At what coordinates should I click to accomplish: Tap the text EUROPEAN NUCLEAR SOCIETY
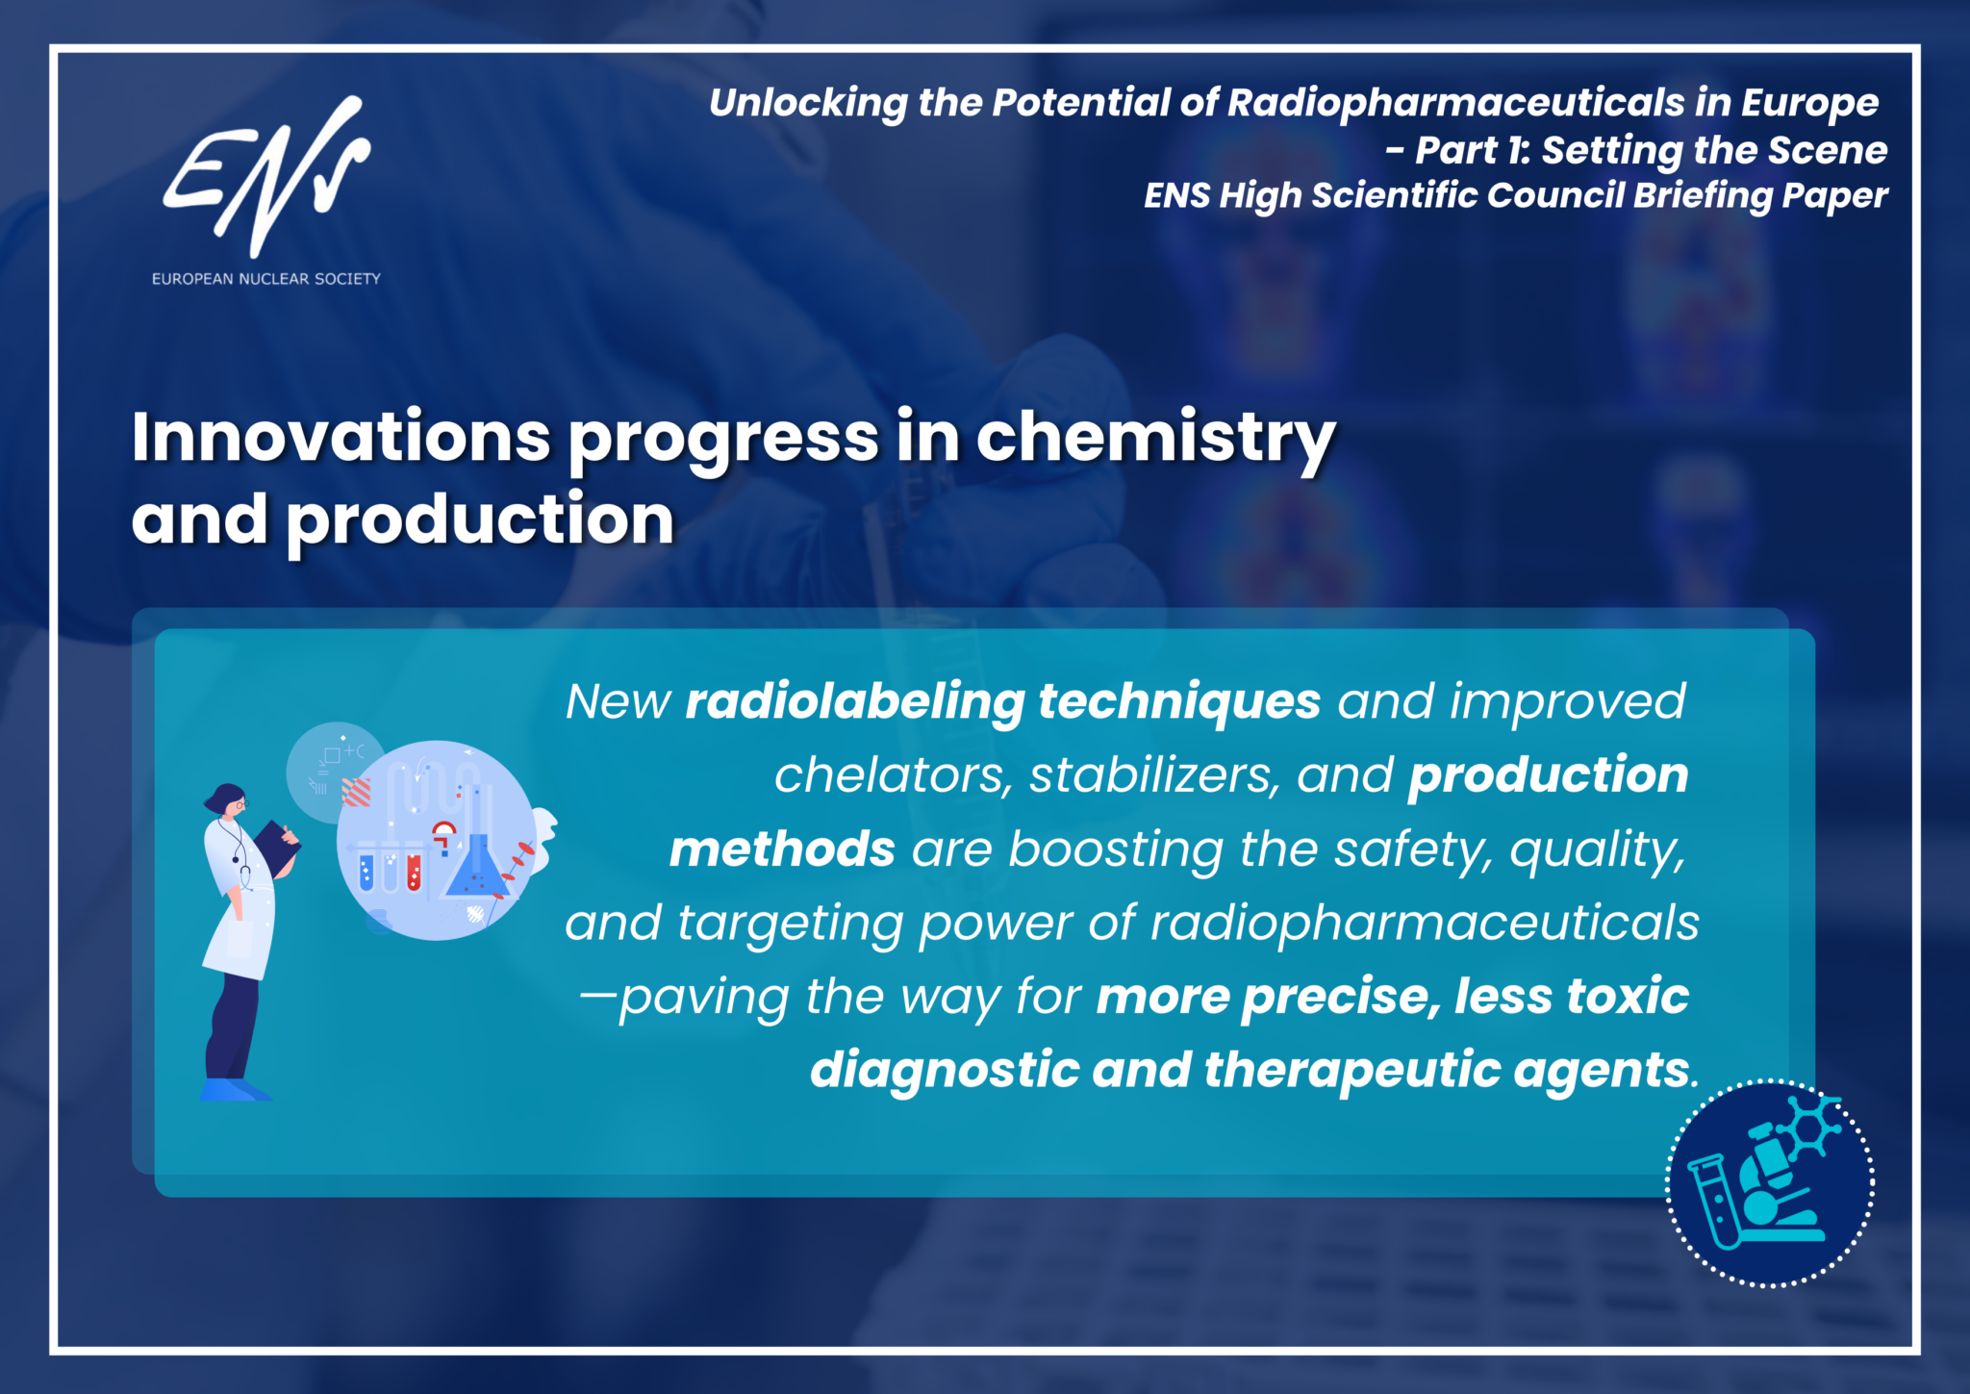click(266, 279)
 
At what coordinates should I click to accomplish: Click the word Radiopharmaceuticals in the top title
click(1456, 103)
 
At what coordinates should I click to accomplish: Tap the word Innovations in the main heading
click(341, 437)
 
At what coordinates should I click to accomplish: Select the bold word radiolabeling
click(855, 702)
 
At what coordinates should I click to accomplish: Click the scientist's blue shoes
click(235, 1089)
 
